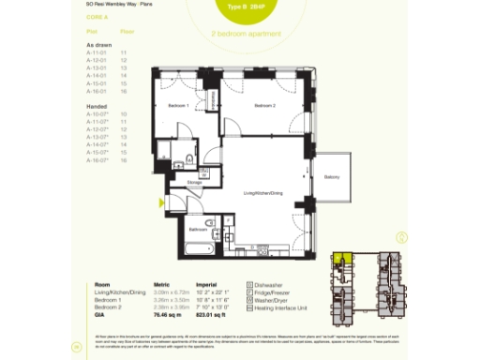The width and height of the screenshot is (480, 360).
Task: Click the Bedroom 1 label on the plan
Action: pyautogui.click(x=178, y=106)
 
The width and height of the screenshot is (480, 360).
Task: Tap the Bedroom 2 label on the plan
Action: pyautogui.click(x=263, y=106)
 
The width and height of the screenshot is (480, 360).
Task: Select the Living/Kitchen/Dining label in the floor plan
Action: pyautogui.click(x=262, y=192)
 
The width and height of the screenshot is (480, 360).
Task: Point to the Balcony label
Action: pyautogui.click(x=331, y=177)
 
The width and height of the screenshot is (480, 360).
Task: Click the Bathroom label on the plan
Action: pyautogui.click(x=197, y=228)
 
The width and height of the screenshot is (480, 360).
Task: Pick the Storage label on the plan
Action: pyautogui.click(x=194, y=183)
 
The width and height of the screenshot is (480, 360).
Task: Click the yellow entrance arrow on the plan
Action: pyautogui.click(x=163, y=201)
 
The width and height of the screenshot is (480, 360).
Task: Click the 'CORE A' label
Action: pyautogui.click(x=84, y=15)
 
